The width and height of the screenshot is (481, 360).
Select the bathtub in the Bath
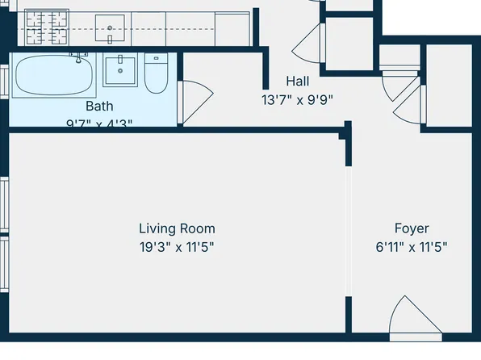tap(53, 76)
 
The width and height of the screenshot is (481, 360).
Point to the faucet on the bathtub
tap(79, 57)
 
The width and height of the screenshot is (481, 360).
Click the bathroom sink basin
tap(121, 71)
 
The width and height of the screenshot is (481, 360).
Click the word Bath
tap(99, 106)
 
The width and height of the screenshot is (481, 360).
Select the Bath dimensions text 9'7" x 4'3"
tap(99, 123)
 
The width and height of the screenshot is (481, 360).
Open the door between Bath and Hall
tap(190, 101)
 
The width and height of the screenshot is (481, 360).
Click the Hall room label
tap(297, 82)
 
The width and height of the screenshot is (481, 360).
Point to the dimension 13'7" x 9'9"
tap(297, 100)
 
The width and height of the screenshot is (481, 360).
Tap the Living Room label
tap(177, 228)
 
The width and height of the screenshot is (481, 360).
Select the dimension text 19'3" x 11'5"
tap(177, 247)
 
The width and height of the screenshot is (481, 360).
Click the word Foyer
tap(412, 228)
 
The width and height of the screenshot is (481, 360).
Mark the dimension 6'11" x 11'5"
tap(412, 247)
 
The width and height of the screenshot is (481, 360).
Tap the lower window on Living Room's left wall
tap(4, 266)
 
